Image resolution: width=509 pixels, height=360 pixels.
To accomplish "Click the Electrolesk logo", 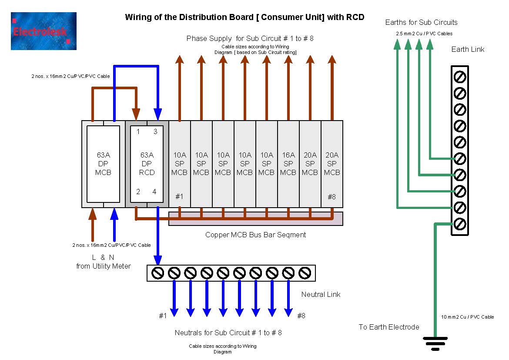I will point(44,31).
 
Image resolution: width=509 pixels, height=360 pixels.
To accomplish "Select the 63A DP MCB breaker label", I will point(103,164).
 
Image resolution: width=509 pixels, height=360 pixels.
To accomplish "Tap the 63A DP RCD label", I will point(147,164).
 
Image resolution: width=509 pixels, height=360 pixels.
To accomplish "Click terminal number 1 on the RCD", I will point(138,132).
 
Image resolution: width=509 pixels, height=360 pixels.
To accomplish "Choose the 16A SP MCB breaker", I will point(288,164).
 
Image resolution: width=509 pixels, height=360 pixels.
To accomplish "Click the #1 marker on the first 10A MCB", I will point(179,197).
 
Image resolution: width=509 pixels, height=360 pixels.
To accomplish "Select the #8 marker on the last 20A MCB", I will point(332,197).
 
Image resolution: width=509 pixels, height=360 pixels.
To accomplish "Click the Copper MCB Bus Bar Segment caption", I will point(255,235).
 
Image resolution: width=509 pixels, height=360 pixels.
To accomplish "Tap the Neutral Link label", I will point(321,295).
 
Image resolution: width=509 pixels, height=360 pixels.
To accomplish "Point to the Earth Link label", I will point(468,50).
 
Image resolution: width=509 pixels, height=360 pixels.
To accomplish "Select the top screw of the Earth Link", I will point(460,77).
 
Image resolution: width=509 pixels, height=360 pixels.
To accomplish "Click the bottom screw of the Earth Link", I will point(460,224).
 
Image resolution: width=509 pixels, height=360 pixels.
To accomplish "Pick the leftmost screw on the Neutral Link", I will point(157,273).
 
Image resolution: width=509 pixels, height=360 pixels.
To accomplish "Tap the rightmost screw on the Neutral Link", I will point(305,273).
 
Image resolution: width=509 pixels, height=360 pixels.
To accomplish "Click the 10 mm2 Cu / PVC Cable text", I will point(467,317).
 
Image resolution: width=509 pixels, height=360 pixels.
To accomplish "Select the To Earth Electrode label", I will point(388,327).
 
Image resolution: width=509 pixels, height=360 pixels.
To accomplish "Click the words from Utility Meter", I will point(103,266).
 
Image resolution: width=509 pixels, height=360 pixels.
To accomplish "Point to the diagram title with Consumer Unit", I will point(244,17).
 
